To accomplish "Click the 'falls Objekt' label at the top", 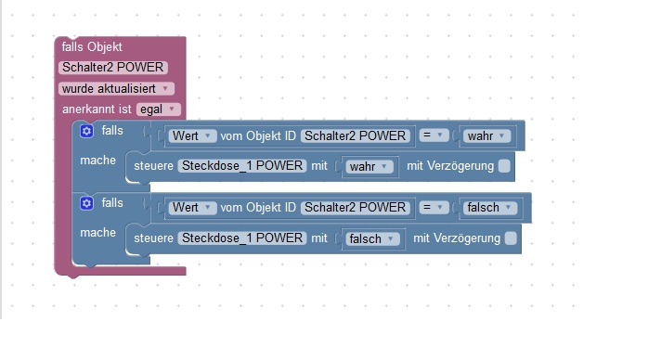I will [92, 46].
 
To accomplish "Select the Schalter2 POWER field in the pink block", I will [112, 67].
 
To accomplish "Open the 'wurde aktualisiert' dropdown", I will [116, 88].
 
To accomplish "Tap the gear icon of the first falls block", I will [86, 132].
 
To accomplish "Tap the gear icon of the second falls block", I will [86, 202].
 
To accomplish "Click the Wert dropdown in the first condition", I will [193, 135].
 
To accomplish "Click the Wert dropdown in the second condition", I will [193, 207].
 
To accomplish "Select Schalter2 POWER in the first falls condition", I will [356, 135].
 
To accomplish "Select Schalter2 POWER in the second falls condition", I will [356, 207].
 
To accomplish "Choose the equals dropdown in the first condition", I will [433, 135].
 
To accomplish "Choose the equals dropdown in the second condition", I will [433, 207].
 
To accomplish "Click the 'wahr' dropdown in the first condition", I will [487, 135].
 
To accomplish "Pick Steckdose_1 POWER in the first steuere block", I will [241, 166].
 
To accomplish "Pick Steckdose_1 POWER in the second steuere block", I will [241, 238].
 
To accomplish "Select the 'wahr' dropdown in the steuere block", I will [370, 167].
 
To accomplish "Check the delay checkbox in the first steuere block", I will [504, 166].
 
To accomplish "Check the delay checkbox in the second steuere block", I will [511, 238].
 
